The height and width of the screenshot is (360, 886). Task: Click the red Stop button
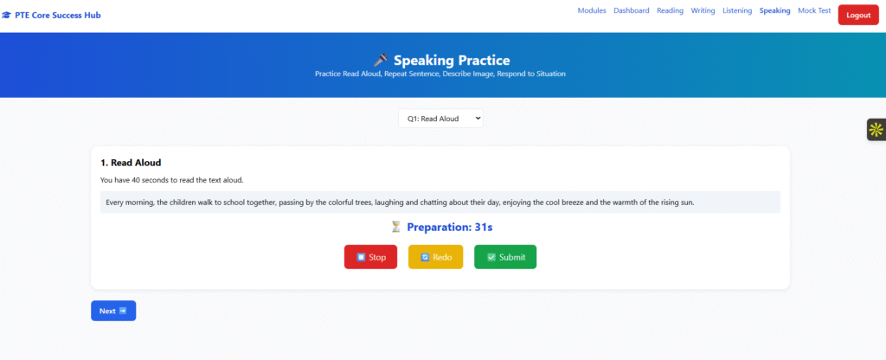click(x=370, y=257)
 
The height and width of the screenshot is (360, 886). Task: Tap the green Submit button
click(x=505, y=257)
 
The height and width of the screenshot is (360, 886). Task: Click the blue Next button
click(x=113, y=311)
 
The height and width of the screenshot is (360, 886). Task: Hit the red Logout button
click(x=858, y=16)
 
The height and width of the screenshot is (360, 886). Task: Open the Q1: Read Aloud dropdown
click(x=440, y=119)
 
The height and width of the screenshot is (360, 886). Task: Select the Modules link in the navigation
click(x=592, y=10)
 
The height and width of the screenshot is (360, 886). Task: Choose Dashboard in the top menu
click(x=631, y=10)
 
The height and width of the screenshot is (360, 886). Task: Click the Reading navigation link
click(x=671, y=10)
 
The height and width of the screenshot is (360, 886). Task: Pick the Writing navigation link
click(x=703, y=10)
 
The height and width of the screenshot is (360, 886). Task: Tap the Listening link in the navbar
click(x=737, y=10)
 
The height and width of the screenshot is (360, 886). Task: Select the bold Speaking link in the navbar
click(x=774, y=10)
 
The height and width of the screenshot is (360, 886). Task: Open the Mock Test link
click(x=814, y=10)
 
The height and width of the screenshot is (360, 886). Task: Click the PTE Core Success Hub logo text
click(x=58, y=16)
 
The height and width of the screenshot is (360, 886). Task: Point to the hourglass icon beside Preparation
click(x=396, y=228)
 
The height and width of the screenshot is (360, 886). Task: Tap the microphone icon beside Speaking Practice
click(x=381, y=60)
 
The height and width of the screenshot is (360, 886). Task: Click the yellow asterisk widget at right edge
click(x=876, y=130)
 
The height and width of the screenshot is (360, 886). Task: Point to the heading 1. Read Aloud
click(x=131, y=163)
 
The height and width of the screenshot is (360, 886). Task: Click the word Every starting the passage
click(x=115, y=202)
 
